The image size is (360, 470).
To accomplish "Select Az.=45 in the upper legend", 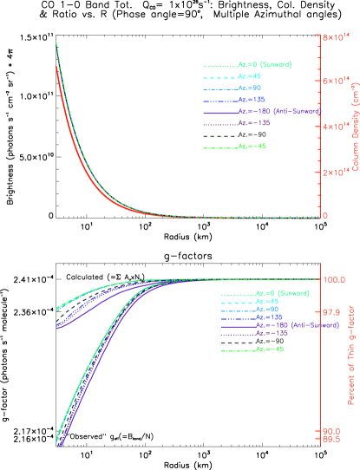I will [250, 76].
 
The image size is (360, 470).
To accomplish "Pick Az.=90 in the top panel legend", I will [250, 88].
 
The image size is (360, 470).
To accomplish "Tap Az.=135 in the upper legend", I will [251, 100].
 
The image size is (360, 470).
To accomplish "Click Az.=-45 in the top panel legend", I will [252, 147].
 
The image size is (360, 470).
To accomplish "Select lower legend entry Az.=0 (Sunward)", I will [282, 294].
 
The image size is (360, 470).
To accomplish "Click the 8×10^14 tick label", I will [335, 37].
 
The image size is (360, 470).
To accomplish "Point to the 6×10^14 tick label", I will [335, 82].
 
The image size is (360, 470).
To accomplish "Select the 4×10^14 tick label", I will [335, 127].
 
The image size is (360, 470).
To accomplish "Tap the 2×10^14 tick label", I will [335, 173].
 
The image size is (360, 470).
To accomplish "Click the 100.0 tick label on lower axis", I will [336, 280].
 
